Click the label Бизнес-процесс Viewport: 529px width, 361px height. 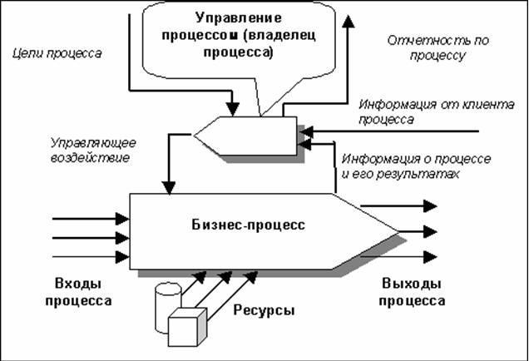click(249, 225)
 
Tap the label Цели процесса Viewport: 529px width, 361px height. click(57, 53)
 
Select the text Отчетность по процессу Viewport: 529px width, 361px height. click(438, 47)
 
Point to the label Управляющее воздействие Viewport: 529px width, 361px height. click(93, 150)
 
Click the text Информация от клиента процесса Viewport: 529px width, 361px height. click(437, 111)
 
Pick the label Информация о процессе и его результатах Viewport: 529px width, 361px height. click(417, 166)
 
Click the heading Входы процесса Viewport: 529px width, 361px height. click(78, 292)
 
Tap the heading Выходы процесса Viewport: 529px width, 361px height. click(412, 292)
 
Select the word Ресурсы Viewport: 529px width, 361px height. click(264, 310)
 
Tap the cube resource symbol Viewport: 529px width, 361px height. click(187, 327)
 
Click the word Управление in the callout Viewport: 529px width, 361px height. click(239, 17)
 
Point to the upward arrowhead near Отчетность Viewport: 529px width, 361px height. click(348, 21)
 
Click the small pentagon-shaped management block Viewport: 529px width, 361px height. click(245, 136)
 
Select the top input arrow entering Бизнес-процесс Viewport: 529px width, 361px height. click(91, 219)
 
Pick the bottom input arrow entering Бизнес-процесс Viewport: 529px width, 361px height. click(91, 257)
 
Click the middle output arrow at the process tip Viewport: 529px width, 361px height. click(418, 232)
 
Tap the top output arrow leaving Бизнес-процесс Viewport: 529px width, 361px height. click(398, 205)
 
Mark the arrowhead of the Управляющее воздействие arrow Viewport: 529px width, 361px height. click(169, 188)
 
